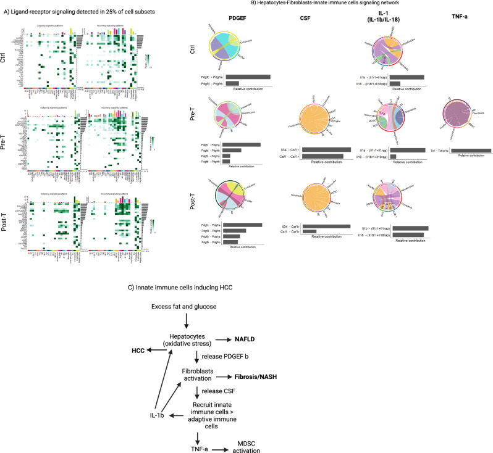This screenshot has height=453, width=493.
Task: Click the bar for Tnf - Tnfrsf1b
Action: pos(471,150)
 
